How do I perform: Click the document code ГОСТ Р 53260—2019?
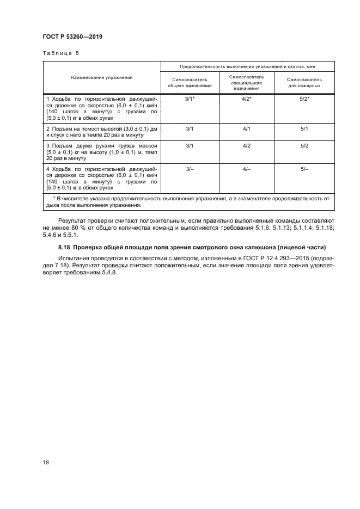click(72, 37)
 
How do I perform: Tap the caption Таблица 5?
click(58, 54)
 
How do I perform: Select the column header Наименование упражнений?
click(101, 78)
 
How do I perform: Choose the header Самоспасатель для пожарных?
click(304, 82)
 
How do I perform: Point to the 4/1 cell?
click(246, 129)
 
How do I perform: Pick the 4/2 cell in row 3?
click(246, 146)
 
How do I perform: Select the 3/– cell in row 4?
click(190, 170)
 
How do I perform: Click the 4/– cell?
click(246, 170)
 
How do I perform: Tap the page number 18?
click(46, 462)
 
